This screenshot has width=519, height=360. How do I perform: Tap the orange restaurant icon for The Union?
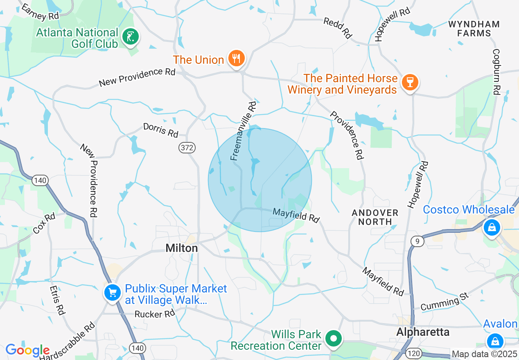(236, 59)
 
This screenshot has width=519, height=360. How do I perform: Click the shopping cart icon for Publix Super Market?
(112, 292)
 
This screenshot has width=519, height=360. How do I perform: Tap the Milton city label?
(182, 248)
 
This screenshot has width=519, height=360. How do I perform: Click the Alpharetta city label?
(423, 332)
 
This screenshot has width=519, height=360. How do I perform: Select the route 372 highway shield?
(187, 148)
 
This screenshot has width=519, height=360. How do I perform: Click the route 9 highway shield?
(417, 241)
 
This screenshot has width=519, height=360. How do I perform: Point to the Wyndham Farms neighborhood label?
(474, 29)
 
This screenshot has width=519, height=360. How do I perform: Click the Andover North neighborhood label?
(375, 217)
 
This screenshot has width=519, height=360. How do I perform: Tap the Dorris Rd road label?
(161, 130)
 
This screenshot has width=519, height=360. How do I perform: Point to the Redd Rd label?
(338, 28)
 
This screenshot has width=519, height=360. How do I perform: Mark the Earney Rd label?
(41, 11)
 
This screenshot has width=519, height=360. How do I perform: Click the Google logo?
(27, 351)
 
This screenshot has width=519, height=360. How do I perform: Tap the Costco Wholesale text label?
(469, 210)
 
